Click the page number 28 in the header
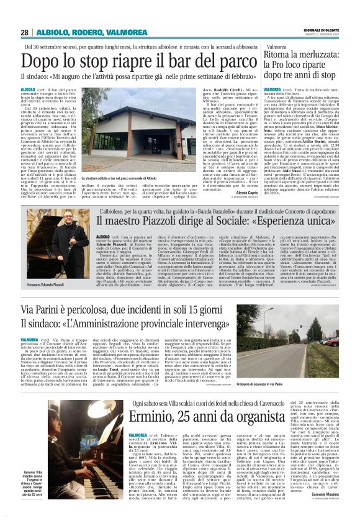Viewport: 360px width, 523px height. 24,32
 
